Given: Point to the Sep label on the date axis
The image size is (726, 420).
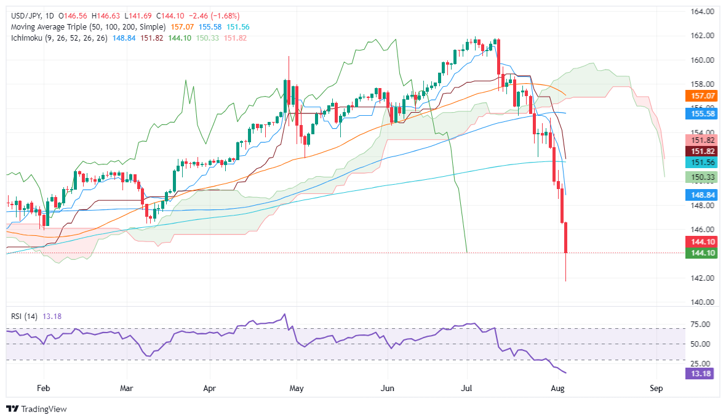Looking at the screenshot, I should (656, 389).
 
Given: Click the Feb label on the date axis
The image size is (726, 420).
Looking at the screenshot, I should (43, 389).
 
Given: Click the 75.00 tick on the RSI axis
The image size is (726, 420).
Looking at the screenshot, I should (701, 324).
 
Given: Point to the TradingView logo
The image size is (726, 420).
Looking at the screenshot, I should (36, 409).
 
